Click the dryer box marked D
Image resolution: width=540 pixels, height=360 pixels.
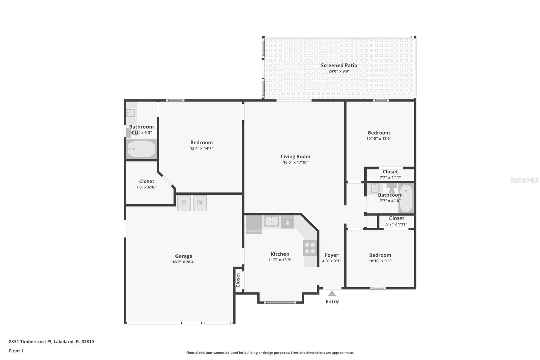coord(184,203)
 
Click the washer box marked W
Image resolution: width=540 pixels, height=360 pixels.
coord(200,203)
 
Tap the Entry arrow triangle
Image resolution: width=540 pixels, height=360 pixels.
coord(332,293)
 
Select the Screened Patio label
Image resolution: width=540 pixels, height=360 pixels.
coord(339,65)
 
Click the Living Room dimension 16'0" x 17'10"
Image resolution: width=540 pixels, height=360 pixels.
coord(295,162)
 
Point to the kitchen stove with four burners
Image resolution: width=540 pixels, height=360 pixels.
coord(310,248)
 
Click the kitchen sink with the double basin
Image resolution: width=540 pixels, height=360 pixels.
coord(271,222)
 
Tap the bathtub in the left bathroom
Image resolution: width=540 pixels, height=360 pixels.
coord(141,149)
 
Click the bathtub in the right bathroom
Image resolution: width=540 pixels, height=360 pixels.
coord(406,199)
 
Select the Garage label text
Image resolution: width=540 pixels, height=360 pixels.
coord(184,256)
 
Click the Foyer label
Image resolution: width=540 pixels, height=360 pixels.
coord(331,255)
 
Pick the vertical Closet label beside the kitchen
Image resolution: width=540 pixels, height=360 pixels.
coord(238,280)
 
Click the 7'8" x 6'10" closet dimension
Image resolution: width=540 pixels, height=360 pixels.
coord(146,187)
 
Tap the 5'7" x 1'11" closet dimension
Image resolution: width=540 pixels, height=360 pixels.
coord(396,224)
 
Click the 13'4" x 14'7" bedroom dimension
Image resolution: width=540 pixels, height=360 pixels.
coord(201,148)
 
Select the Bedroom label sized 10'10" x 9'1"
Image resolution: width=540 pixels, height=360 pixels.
coord(380,255)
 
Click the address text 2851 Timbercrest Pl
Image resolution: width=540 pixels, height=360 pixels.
coord(51,341)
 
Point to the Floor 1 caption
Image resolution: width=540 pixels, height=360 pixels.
coord(16,351)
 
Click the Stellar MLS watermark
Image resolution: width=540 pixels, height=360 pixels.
coord(524,180)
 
